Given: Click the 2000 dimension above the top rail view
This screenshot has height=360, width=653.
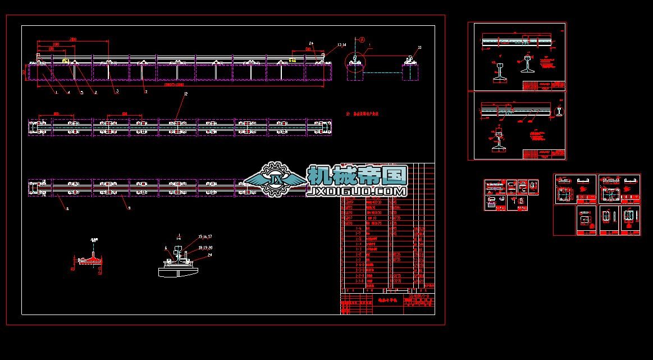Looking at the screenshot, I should click(73, 39).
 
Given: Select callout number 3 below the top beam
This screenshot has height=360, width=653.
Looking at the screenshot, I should click(117, 91).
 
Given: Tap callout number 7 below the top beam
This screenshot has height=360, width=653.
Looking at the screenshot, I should click(146, 92).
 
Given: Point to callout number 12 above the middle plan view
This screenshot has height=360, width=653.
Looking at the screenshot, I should click(185, 94).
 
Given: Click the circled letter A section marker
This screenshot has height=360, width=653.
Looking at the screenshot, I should click(362, 40).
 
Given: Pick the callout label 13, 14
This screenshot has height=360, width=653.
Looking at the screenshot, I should click(342, 44).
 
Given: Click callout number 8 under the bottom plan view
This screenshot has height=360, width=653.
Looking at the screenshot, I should click(67, 208).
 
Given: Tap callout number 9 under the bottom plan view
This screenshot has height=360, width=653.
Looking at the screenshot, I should click(129, 208).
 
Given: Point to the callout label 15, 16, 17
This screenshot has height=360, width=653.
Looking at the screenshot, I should click(206, 236).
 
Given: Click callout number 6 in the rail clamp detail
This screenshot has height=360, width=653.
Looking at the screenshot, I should click(166, 248).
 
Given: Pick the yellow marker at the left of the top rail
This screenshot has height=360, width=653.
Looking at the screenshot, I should click(65, 61).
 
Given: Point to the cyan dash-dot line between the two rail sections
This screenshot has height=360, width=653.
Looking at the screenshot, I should click(382, 72).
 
